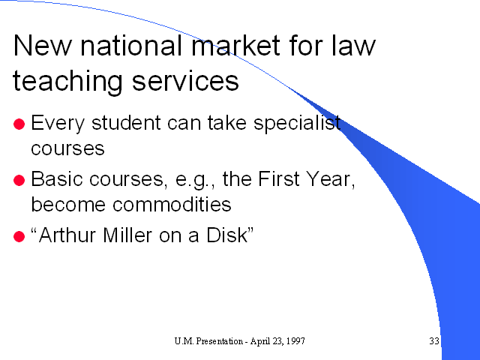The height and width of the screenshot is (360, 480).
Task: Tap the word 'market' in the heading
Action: (x=235, y=45)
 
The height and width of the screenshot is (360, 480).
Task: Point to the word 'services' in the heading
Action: (x=185, y=81)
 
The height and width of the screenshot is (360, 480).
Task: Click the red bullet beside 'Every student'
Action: (x=19, y=124)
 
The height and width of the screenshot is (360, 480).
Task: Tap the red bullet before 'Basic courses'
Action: (x=19, y=180)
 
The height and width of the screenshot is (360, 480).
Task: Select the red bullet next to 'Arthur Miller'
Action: (x=19, y=237)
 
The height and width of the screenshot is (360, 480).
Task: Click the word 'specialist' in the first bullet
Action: (x=297, y=124)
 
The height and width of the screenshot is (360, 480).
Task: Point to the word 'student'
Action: (x=126, y=123)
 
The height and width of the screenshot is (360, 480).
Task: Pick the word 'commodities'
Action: (x=172, y=204)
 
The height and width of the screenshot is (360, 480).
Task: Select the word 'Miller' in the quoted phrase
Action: (x=127, y=235)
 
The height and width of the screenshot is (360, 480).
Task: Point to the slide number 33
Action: (x=434, y=340)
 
